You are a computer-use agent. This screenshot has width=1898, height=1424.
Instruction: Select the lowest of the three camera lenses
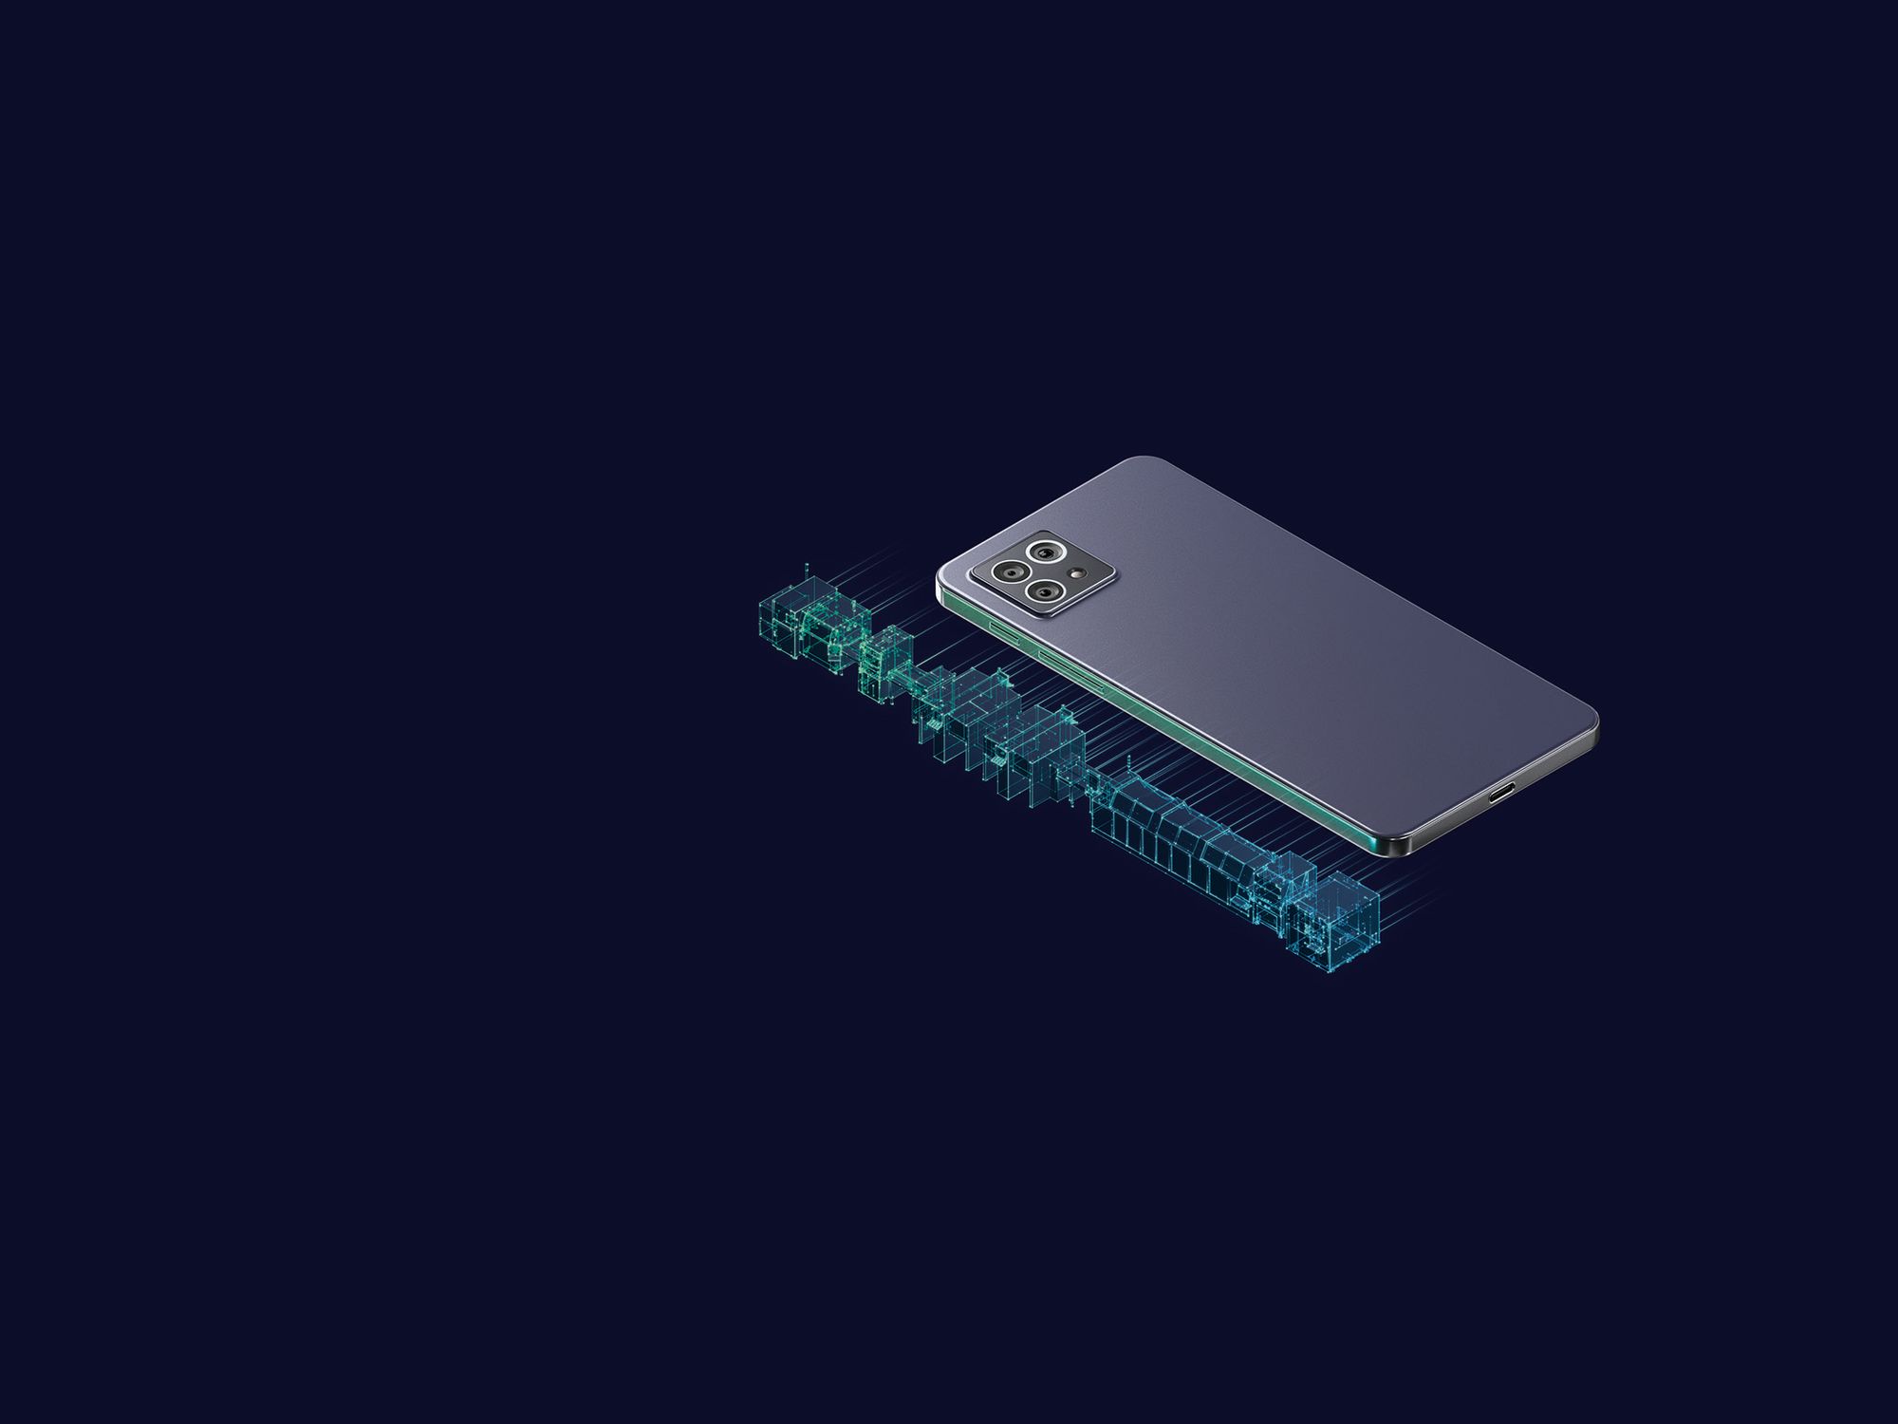[1046, 592]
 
